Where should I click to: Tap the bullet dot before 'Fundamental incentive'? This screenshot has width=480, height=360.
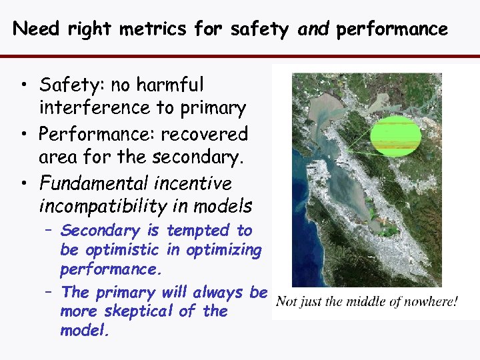[24, 184]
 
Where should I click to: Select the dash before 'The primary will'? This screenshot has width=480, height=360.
[51, 292]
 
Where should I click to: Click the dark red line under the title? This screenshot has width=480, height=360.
[240, 56]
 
